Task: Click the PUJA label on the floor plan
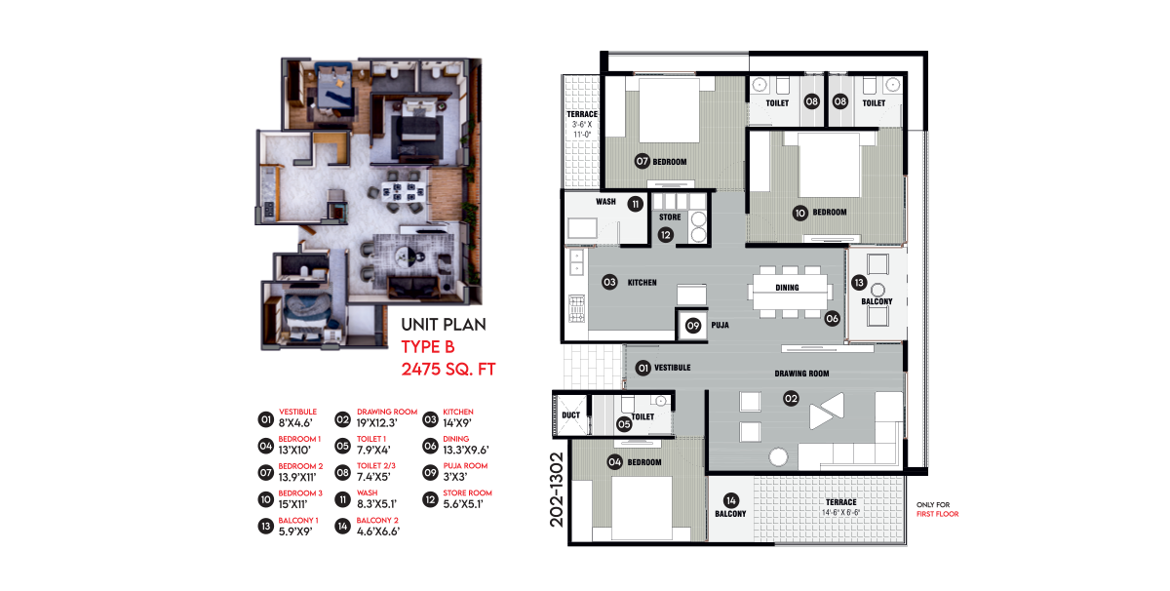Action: point(720,325)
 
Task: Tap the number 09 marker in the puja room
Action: point(692,326)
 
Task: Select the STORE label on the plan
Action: point(670,217)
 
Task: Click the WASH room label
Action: point(605,202)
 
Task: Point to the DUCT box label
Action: point(570,414)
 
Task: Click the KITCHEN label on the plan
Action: point(642,283)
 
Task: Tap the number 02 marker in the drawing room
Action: point(791,399)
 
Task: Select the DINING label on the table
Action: point(787,288)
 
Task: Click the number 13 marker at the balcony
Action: point(859,283)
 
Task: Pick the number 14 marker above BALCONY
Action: point(730,500)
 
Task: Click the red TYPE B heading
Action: point(428,347)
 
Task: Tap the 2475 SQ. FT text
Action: point(448,370)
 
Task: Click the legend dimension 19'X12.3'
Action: point(377,423)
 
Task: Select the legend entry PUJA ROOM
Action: point(465,465)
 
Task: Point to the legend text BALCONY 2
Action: point(377,520)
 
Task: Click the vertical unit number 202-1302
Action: point(557,490)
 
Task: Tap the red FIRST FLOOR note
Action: point(938,514)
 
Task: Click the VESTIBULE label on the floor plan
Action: point(672,368)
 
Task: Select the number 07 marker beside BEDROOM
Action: point(642,161)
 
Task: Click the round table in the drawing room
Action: point(778,457)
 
